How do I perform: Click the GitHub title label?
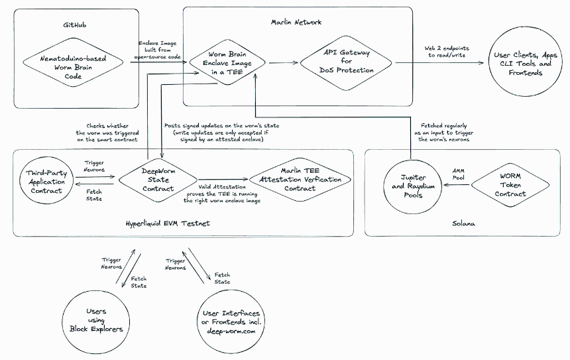pos(74,25)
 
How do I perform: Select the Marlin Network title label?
pos(296,22)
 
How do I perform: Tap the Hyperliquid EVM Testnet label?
pos(168,223)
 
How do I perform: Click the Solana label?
pos(463,223)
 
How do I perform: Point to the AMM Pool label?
pos(459,174)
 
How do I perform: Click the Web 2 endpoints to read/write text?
pos(447,52)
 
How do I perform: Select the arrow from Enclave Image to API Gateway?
pos(284,62)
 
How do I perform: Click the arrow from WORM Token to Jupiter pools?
pos(457,185)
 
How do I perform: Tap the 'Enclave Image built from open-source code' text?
pos(157,50)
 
